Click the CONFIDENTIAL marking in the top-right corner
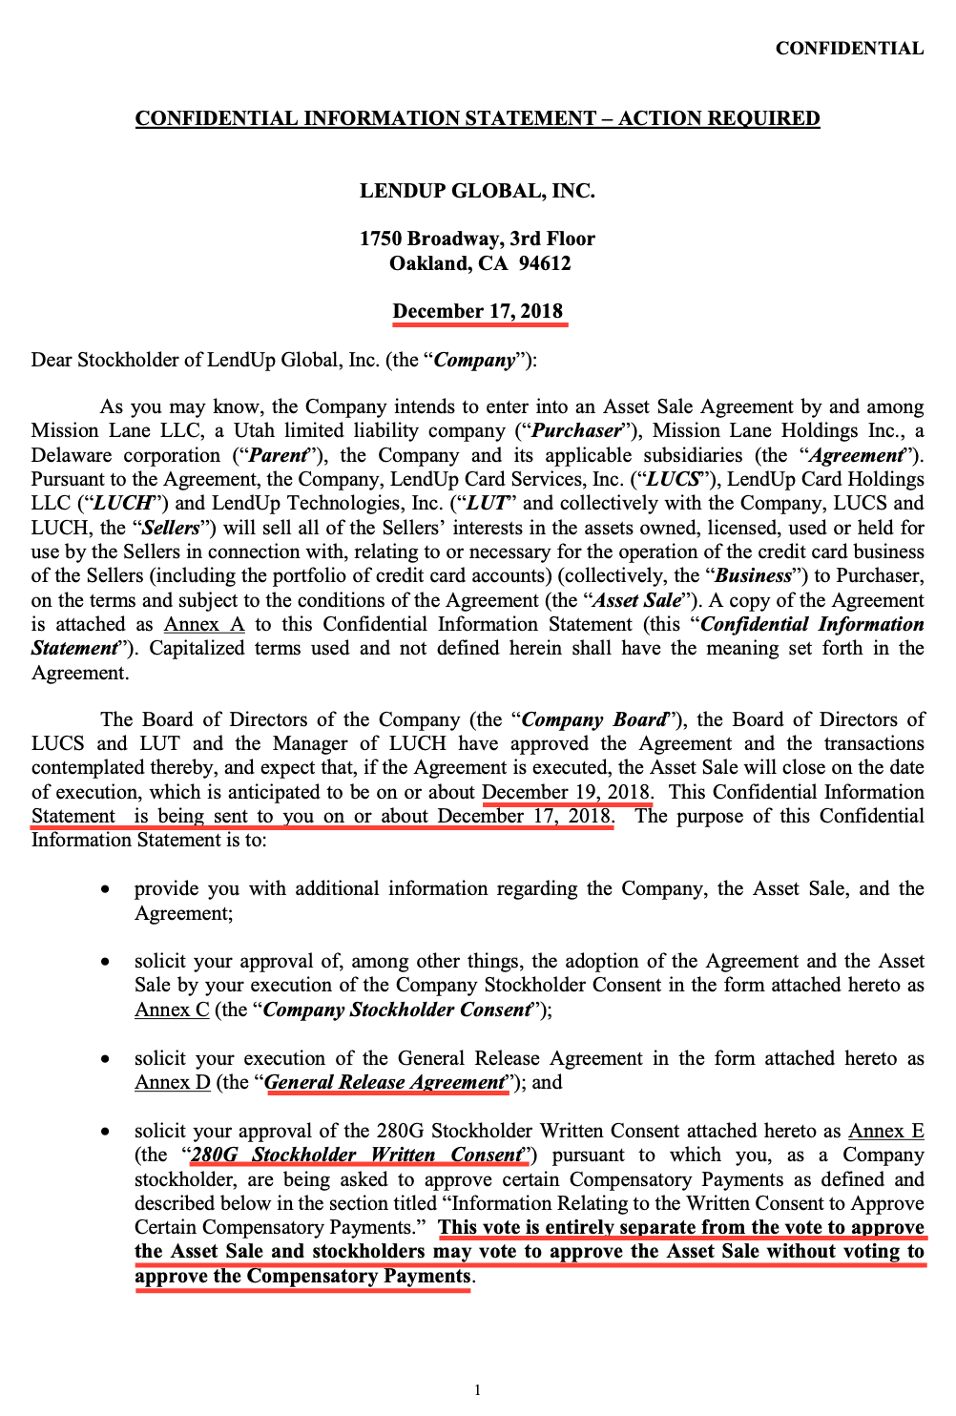tap(849, 49)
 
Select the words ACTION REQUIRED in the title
tap(718, 118)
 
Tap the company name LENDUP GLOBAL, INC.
tap(477, 191)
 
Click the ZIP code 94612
tap(545, 263)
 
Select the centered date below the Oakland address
tap(478, 312)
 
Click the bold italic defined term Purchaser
tap(576, 431)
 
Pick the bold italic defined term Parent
tap(278, 455)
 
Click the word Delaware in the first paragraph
tap(72, 455)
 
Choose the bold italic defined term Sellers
tap(171, 528)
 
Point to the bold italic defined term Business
tap(754, 575)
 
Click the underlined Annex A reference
tap(204, 624)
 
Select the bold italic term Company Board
tap(594, 719)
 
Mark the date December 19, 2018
tap(567, 792)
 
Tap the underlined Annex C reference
tap(172, 1010)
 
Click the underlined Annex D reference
tap(172, 1082)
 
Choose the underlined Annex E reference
tap(886, 1131)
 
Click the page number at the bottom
tap(477, 1390)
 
